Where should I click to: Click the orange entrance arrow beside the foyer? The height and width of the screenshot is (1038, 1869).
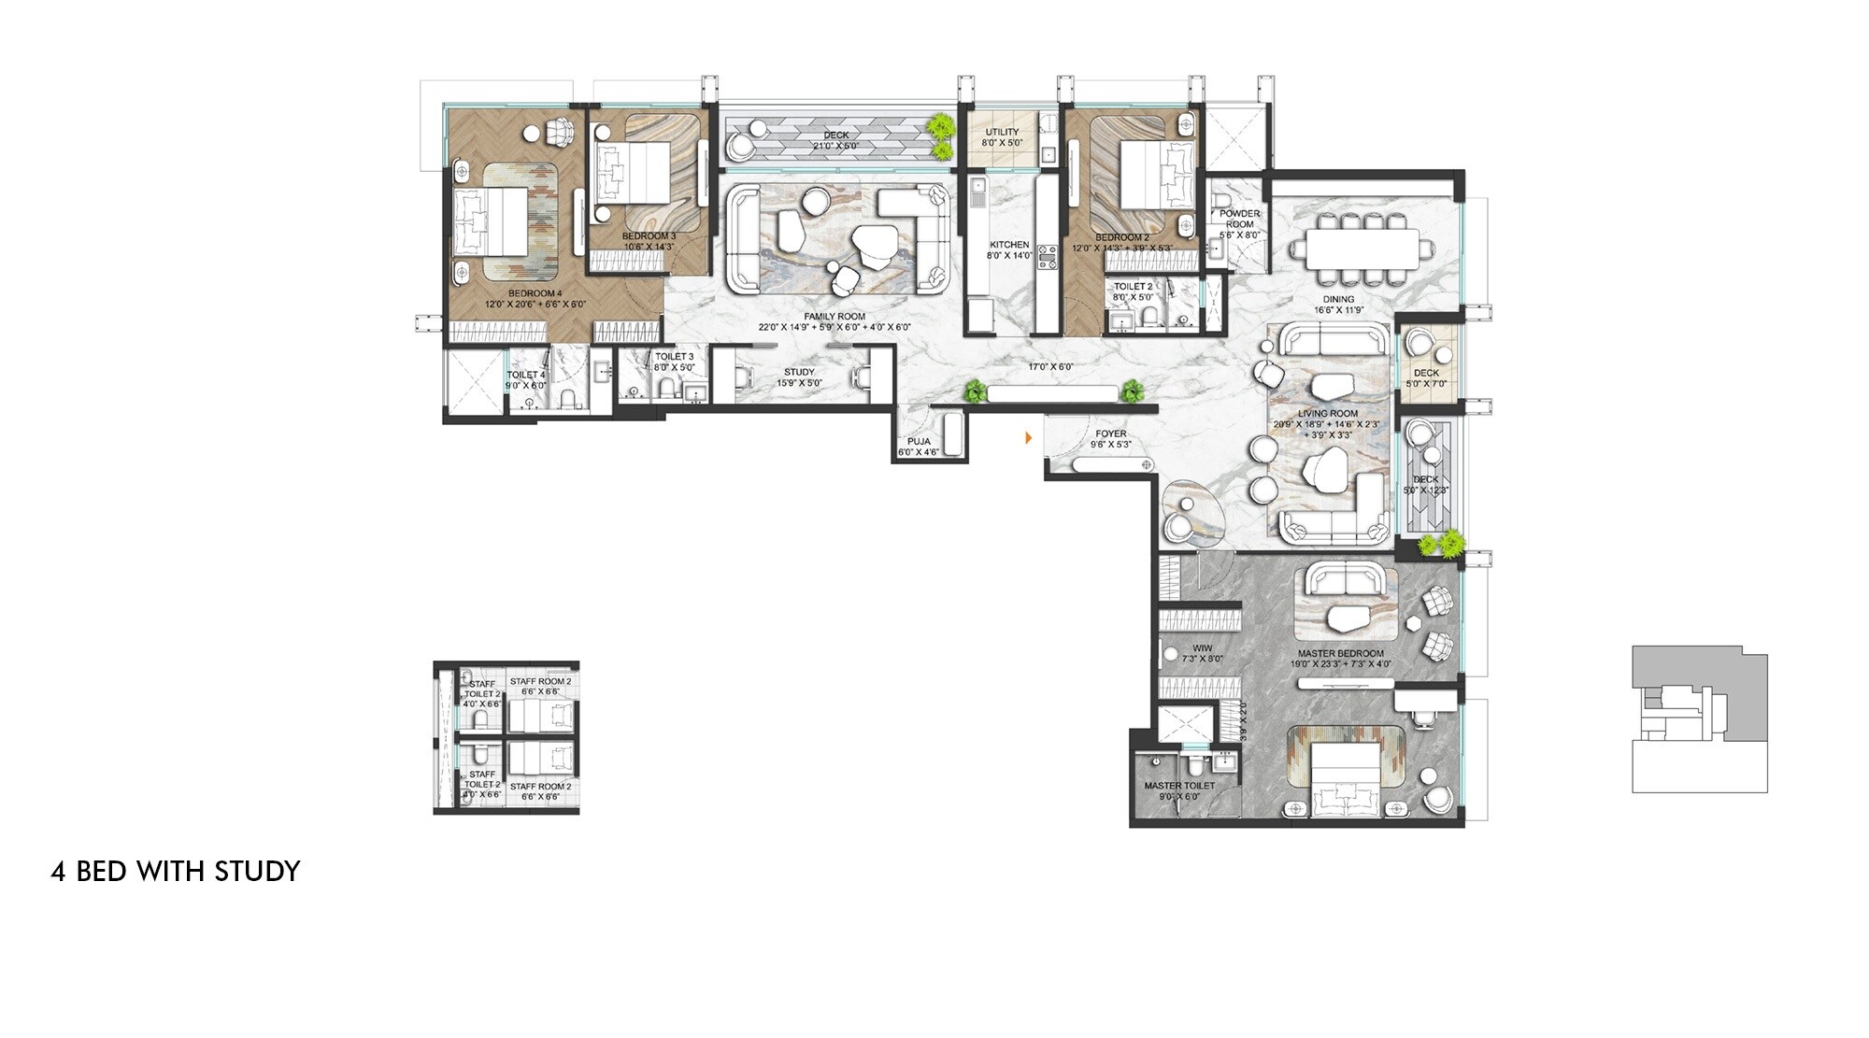[x=1029, y=437]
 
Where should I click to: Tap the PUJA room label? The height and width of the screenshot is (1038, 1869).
[x=918, y=441]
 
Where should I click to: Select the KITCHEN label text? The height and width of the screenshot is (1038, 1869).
[x=1009, y=245]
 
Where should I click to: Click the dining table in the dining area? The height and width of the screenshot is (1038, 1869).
[x=1361, y=249]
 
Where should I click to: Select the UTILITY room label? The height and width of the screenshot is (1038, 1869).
[x=1002, y=133]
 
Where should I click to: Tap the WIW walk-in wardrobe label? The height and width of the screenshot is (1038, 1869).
[x=1202, y=648]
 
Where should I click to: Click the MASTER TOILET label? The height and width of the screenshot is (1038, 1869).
[x=1179, y=786]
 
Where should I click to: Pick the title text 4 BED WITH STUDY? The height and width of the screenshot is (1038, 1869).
[x=176, y=871]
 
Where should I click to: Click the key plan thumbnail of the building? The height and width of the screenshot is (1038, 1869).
[x=1699, y=718]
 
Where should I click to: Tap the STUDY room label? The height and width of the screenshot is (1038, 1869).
[x=799, y=372]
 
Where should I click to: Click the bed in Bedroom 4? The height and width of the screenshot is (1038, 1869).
[x=492, y=220]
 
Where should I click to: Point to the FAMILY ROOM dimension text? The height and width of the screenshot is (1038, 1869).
[x=835, y=328]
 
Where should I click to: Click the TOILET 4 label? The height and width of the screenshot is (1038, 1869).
[x=526, y=375]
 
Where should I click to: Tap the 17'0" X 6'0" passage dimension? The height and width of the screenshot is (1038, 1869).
[x=1051, y=367]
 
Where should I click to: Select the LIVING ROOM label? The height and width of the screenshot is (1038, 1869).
[x=1328, y=413]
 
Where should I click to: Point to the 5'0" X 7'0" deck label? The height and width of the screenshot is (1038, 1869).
[x=1425, y=383]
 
